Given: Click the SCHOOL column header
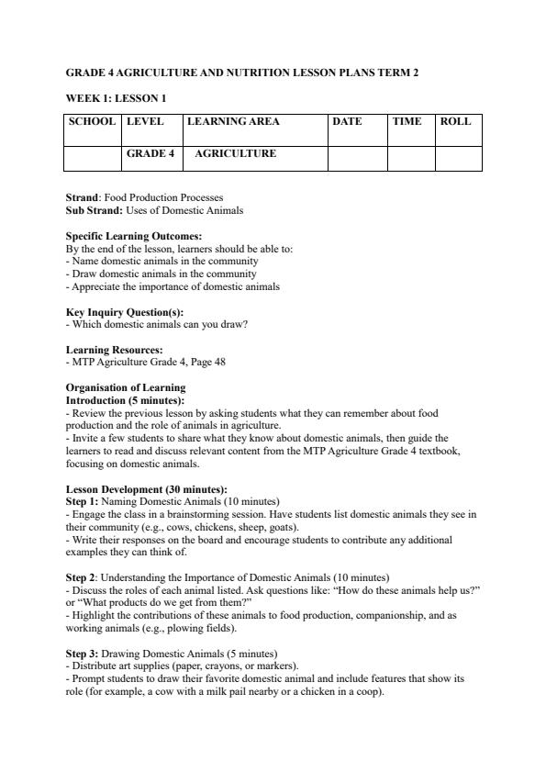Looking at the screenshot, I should click(x=93, y=121).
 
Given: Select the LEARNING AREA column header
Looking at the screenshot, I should click(x=233, y=121).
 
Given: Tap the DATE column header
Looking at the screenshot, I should click(x=347, y=121).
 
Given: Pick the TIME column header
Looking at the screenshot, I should click(x=407, y=121).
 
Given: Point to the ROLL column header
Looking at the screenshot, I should click(x=455, y=121).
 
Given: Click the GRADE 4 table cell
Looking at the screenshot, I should click(x=150, y=153).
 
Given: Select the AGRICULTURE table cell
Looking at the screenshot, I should click(x=235, y=153).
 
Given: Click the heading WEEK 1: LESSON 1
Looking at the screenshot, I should click(x=116, y=96).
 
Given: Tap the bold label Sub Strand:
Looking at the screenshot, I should click(x=95, y=210).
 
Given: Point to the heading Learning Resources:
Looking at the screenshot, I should click(x=114, y=350).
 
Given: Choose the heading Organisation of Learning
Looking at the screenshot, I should click(x=125, y=388).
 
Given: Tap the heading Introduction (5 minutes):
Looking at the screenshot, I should click(x=125, y=400).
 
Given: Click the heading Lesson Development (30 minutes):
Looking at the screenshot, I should click(x=146, y=489).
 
